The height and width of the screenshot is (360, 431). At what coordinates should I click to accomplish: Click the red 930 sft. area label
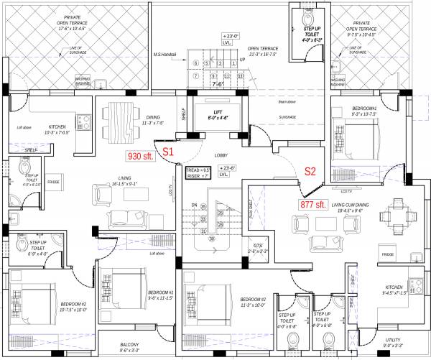[142, 155]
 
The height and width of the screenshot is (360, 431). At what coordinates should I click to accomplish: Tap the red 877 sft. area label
[313, 205]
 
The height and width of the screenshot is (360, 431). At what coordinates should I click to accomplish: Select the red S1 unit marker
[167, 152]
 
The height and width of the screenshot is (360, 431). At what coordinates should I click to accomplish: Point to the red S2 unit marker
[310, 171]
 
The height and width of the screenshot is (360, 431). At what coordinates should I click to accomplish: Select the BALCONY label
[129, 347]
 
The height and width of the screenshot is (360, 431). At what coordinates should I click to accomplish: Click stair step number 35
[203, 207]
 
